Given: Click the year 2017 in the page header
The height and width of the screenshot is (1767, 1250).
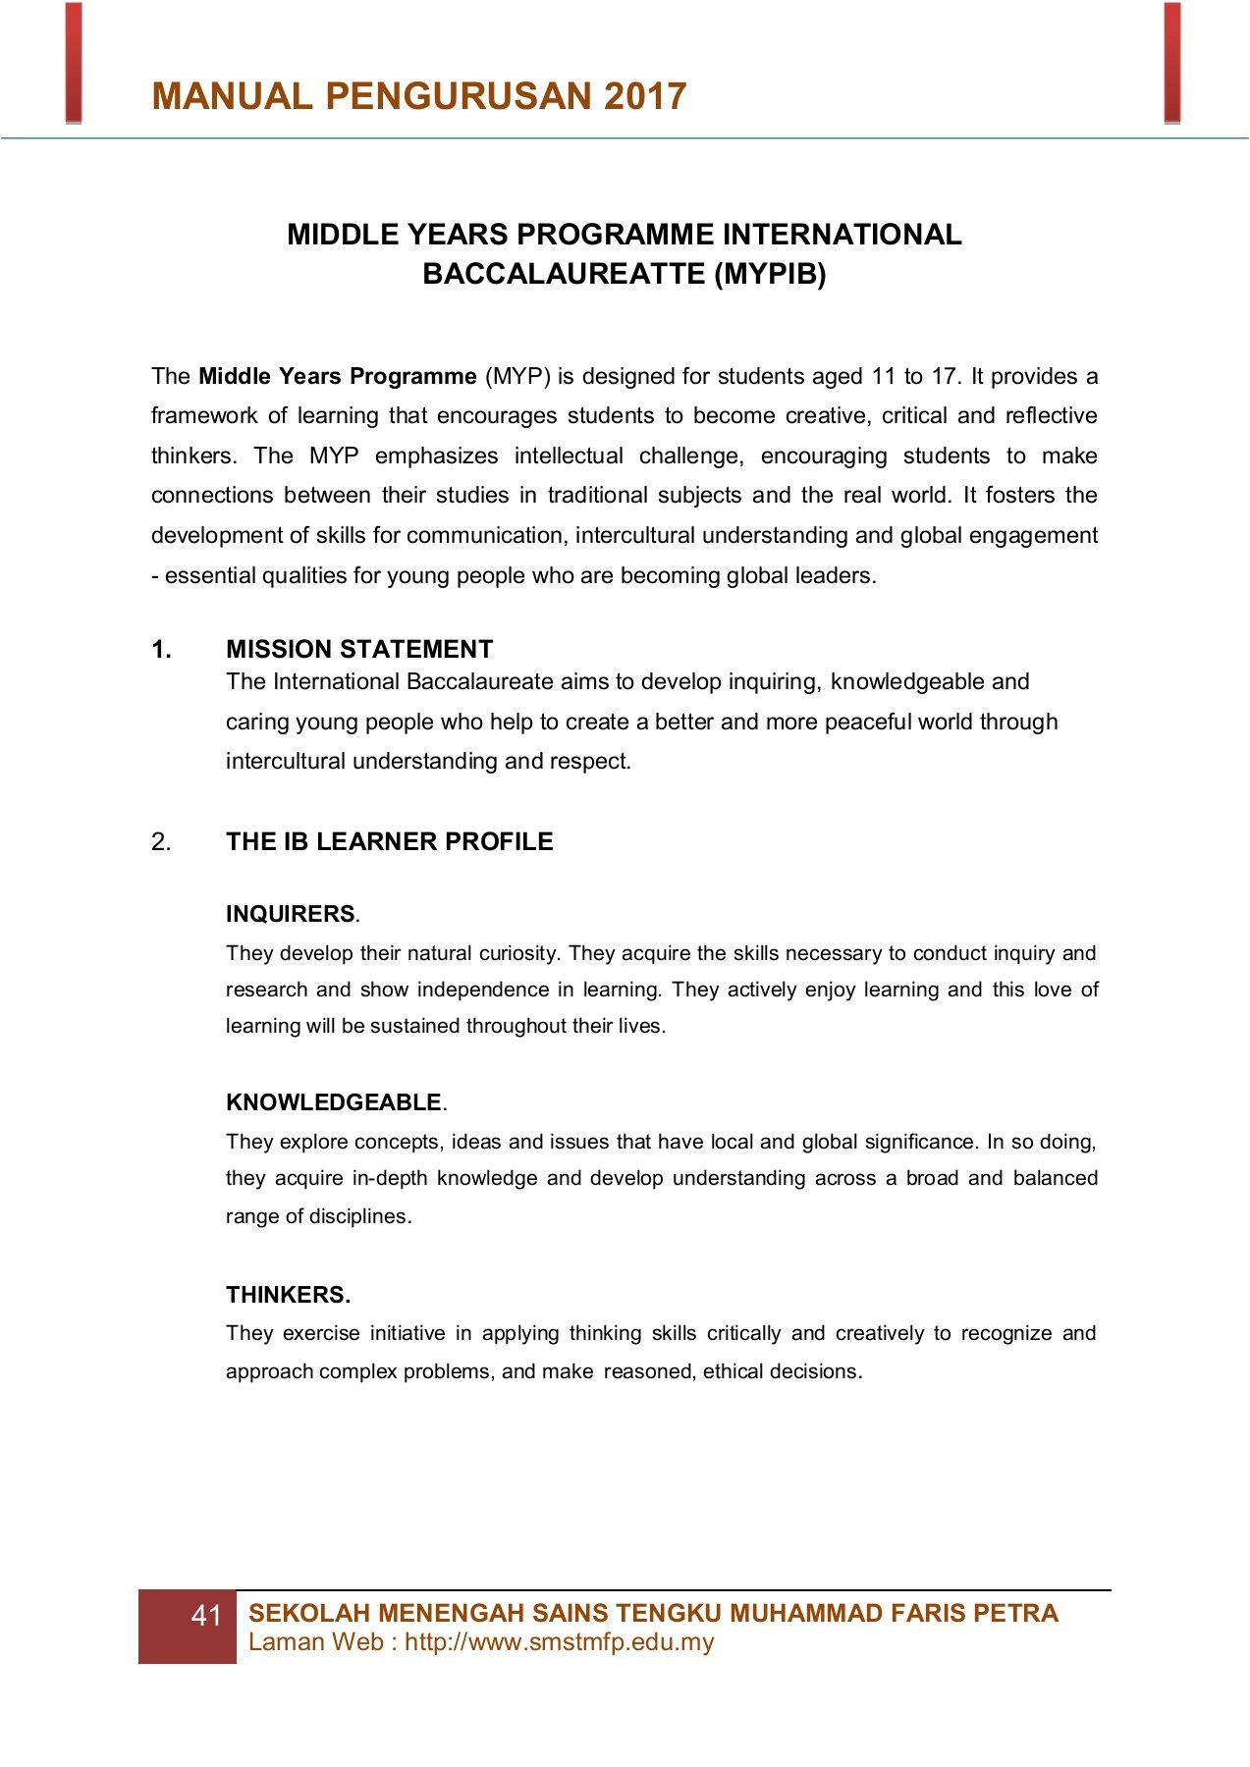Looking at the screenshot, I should (x=645, y=96).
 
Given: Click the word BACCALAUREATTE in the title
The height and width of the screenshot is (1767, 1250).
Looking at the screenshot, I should (x=564, y=274).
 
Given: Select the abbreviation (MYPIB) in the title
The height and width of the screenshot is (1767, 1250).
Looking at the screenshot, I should (x=770, y=274).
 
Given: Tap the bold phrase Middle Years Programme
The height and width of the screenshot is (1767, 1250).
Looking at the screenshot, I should (x=338, y=377).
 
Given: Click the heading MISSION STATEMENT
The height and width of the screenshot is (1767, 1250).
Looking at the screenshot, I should (x=359, y=650).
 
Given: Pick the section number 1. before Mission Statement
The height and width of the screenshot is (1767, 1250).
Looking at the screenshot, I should (x=162, y=650).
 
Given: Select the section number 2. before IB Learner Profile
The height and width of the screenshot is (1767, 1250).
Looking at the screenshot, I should (x=162, y=842).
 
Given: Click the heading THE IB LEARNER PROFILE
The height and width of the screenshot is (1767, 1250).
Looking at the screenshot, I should (x=390, y=842).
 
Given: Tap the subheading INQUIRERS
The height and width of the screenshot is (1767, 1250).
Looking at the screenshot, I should (x=291, y=914).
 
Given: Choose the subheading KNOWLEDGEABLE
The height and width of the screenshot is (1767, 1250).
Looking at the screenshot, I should (x=334, y=1102).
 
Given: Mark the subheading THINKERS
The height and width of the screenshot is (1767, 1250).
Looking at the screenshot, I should (x=288, y=1295).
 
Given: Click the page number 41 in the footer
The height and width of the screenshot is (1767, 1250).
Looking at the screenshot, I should (x=207, y=1616).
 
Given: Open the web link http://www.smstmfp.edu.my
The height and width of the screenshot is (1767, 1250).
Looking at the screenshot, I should (x=559, y=1642).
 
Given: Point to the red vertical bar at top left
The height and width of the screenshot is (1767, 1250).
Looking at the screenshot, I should (x=74, y=62).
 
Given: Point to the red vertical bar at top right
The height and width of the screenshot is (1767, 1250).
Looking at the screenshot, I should (x=1171, y=62).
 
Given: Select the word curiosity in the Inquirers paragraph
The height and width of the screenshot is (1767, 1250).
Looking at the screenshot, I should (x=519, y=953).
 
